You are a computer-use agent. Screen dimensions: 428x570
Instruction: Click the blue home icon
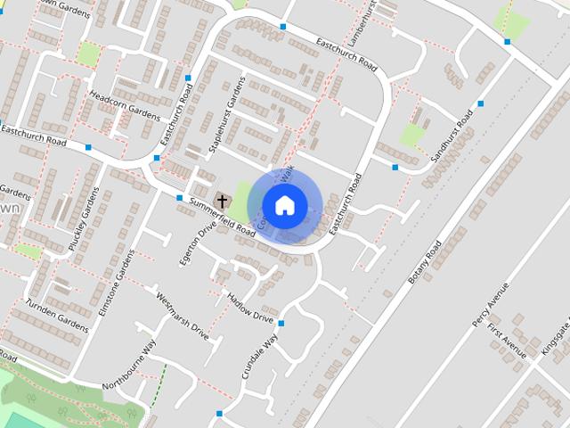tap(284, 205)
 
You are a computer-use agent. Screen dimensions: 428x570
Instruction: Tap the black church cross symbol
tap(222, 202)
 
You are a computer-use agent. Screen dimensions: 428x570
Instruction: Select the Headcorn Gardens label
tap(121, 104)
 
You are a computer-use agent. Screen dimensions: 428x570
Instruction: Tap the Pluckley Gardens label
tap(81, 218)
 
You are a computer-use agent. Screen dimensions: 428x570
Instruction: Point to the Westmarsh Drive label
tap(182, 317)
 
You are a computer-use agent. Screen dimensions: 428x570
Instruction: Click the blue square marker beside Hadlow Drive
tap(281, 323)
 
